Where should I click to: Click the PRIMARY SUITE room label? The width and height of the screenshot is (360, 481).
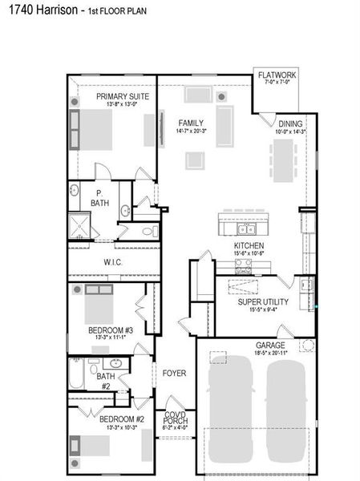tap(117, 96)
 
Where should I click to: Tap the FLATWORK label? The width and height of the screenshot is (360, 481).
tap(277, 77)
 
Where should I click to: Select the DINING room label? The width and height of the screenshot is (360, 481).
tap(290, 124)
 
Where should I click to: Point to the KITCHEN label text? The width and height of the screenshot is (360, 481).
tap(249, 246)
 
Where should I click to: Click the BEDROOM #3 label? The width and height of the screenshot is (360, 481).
tap(110, 329)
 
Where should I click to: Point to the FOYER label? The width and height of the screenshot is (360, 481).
tap(174, 373)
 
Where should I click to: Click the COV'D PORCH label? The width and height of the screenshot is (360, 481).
tap(175, 418)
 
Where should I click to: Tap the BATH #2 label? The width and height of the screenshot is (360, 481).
tap(105, 380)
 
